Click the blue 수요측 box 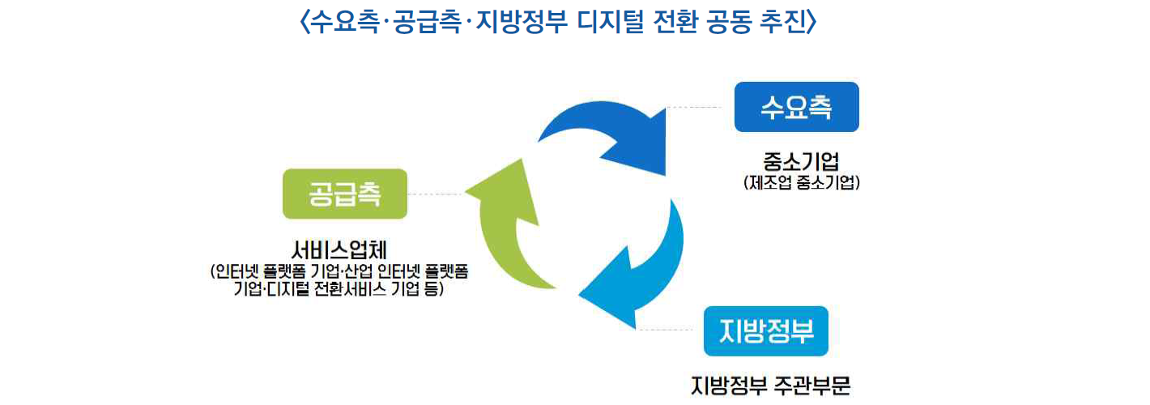tap(796, 107)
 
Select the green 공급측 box tap(344, 194)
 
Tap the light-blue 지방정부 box tap(765, 330)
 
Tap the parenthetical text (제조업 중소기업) tap(800, 183)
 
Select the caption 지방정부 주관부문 tap(770, 385)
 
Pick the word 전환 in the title tap(678, 22)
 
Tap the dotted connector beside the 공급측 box tap(436, 194)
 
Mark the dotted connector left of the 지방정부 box tap(671, 330)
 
